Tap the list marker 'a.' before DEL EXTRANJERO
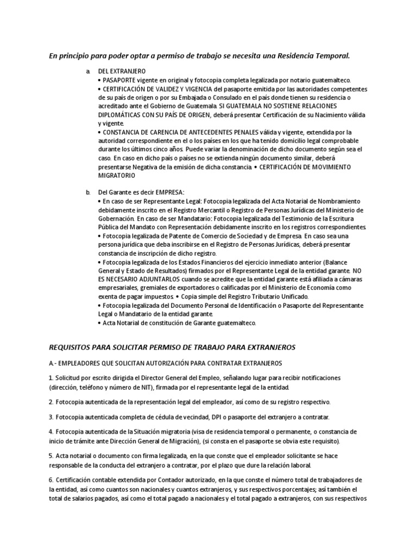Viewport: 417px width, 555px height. (88, 72)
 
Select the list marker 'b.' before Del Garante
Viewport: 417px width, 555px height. (88, 192)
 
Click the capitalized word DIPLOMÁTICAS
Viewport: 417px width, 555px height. (120, 114)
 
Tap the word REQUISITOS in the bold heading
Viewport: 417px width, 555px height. (75, 346)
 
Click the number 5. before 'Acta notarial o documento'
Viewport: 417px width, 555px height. (50, 456)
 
